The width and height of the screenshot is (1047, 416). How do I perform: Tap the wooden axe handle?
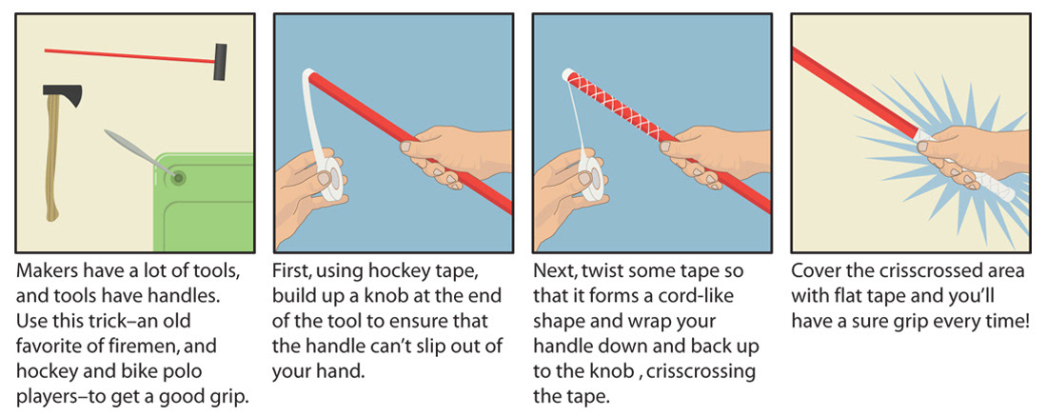(x=53, y=160)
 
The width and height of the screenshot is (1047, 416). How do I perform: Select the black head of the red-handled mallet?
(x=220, y=62)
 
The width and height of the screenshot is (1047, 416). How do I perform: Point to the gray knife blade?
(x=137, y=151)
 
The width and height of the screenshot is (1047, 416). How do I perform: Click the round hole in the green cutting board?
(x=178, y=178)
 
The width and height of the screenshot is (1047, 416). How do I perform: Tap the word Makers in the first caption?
(x=47, y=273)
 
